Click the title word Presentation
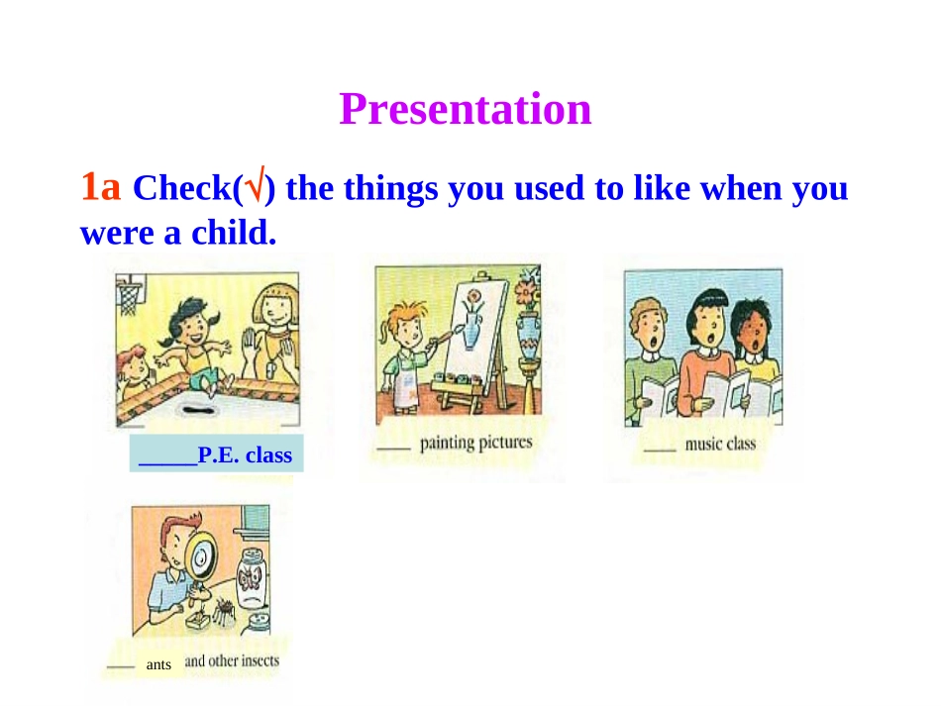coord(466,109)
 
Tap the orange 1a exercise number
coord(101,186)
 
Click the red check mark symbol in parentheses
coord(255,185)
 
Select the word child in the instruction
coord(234,232)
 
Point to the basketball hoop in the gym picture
coord(129,294)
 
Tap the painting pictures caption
coord(475,443)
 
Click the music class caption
coord(720,444)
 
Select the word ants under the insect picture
coord(158,664)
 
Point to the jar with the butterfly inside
coord(252,579)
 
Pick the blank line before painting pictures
coord(393,449)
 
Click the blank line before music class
coord(660,449)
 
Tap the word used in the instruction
coord(549,188)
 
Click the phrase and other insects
coord(232,661)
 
